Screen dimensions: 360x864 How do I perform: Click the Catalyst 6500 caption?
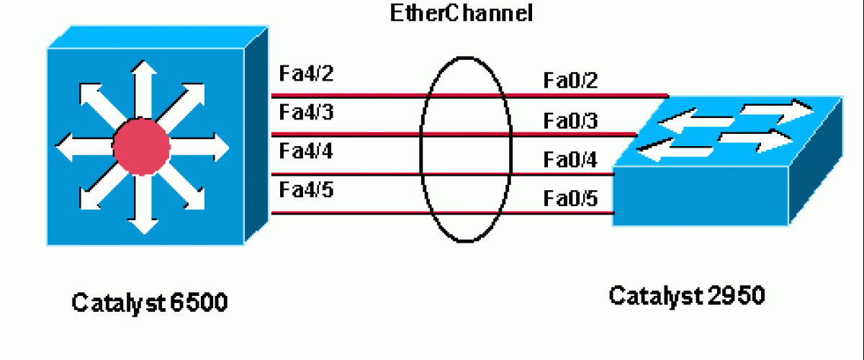(150, 303)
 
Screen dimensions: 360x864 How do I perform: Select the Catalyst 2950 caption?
(687, 295)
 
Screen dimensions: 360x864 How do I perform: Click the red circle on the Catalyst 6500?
(142, 147)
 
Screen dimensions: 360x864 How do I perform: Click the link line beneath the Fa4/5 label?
(346, 212)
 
